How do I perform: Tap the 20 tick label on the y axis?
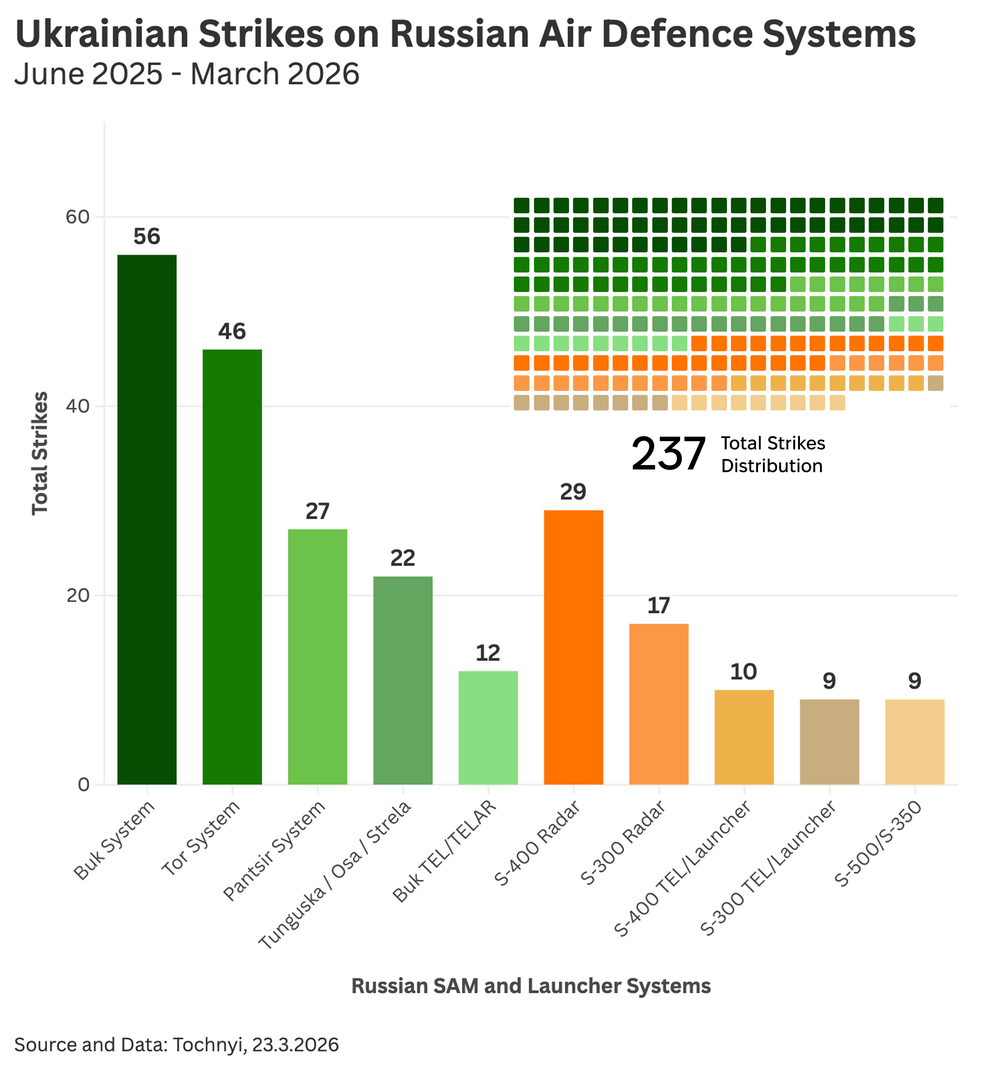[x=77, y=596]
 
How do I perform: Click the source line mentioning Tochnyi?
[x=176, y=1045]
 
